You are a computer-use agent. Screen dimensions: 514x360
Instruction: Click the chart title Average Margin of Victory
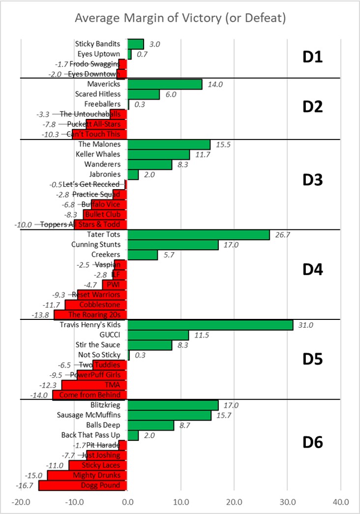click(180, 19)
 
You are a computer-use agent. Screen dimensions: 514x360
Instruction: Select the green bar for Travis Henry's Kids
click(210, 325)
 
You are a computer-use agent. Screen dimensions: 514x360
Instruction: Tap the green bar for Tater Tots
click(198, 235)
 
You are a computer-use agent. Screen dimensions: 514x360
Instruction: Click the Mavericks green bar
click(165, 84)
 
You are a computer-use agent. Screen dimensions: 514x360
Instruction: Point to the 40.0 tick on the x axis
click(340, 503)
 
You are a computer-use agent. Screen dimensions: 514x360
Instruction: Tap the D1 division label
click(312, 57)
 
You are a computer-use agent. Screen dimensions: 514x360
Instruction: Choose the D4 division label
click(312, 270)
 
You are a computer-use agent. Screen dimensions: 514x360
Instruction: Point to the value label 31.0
click(304, 325)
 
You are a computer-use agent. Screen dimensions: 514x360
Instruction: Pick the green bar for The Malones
click(169, 144)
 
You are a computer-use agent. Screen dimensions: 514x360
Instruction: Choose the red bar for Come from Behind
click(90, 395)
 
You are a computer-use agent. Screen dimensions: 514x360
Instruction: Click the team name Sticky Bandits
click(97, 44)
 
